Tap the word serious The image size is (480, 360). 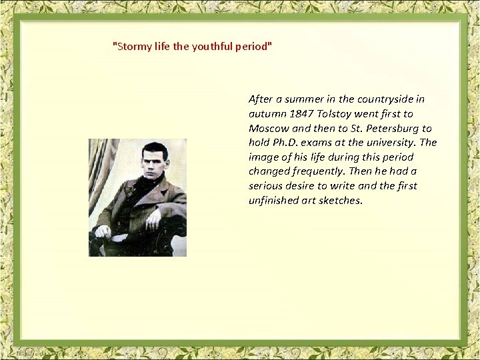267,186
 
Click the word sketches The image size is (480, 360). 341,200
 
